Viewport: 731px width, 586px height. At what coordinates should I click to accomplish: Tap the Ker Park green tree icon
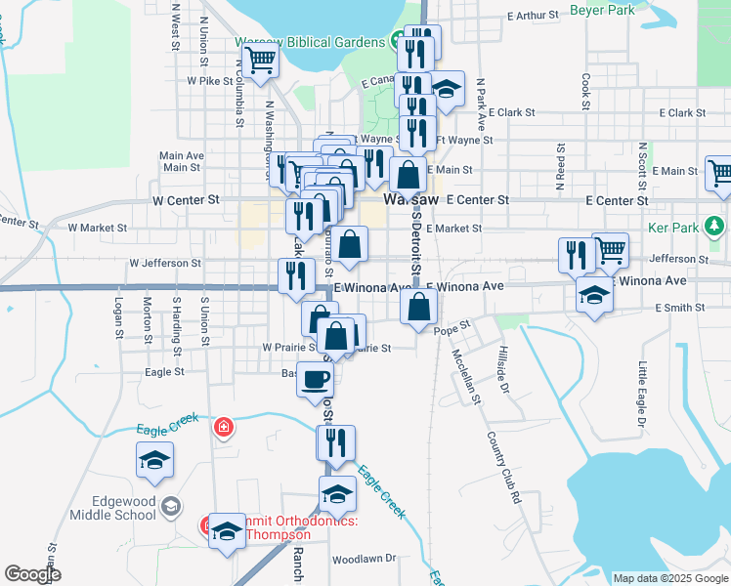click(715, 228)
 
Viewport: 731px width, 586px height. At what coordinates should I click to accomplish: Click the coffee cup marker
click(315, 379)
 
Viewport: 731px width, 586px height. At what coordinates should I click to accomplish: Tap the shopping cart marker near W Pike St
click(261, 61)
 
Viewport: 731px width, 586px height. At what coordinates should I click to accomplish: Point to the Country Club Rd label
click(504, 464)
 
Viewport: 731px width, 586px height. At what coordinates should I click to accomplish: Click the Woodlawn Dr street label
click(363, 560)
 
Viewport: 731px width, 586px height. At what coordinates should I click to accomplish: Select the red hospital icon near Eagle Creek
click(225, 428)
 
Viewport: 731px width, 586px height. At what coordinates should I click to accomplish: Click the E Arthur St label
click(533, 16)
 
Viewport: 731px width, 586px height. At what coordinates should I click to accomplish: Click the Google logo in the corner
click(32, 574)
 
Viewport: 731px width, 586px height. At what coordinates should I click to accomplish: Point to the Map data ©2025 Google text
click(670, 578)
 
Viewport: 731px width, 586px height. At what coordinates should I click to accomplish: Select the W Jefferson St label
click(164, 263)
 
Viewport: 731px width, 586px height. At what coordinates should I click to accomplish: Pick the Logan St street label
click(118, 317)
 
